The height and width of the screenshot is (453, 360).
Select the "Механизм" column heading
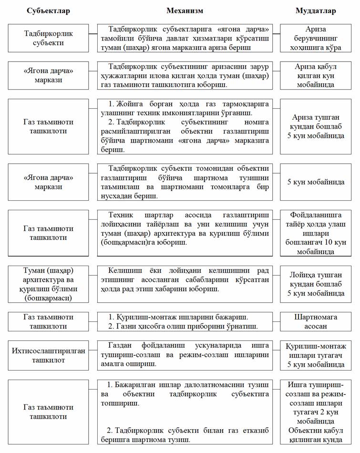tap(185, 11)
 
